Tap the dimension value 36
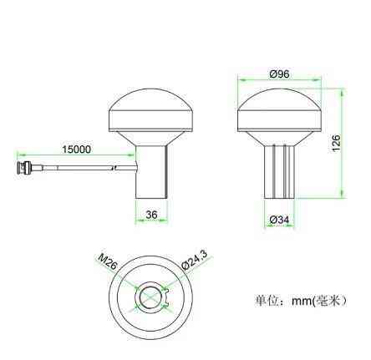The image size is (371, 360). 151,215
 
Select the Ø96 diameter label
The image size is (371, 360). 280,74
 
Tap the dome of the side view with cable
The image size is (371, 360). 151,109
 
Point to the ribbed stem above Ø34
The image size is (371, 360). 280,171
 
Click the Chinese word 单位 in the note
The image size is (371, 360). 266,300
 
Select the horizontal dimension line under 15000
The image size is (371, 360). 76,156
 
